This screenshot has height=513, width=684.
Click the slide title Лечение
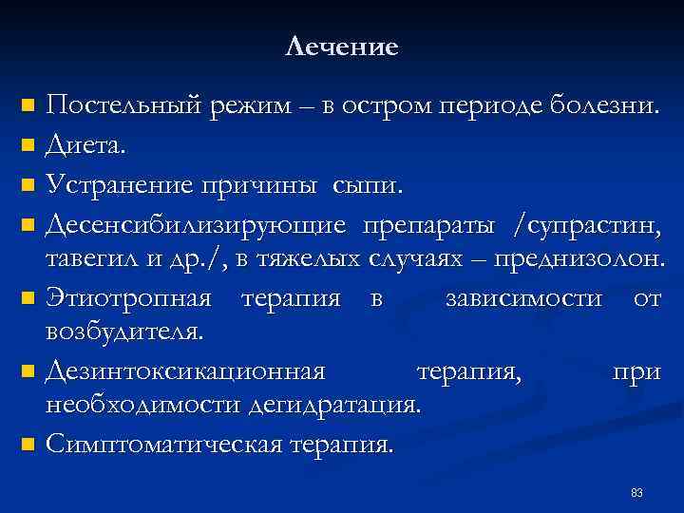(x=341, y=47)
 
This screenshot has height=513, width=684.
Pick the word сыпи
(x=367, y=183)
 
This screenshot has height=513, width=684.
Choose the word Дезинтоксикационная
(x=185, y=370)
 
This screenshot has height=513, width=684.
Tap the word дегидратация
(x=332, y=406)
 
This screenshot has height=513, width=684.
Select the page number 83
(x=636, y=492)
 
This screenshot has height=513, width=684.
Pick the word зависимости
(x=522, y=298)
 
